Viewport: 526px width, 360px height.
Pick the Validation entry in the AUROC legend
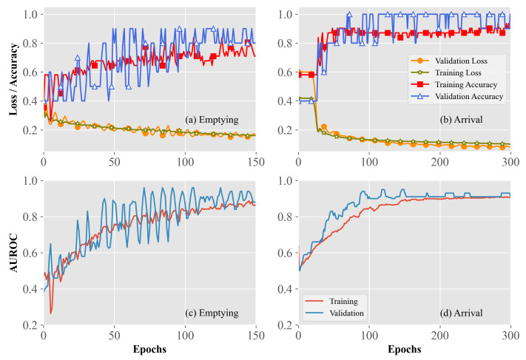(343, 313)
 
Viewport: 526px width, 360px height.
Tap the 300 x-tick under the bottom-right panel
(510, 335)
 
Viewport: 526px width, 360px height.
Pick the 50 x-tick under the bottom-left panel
(114, 335)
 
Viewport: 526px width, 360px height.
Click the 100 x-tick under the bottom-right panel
(368, 335)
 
